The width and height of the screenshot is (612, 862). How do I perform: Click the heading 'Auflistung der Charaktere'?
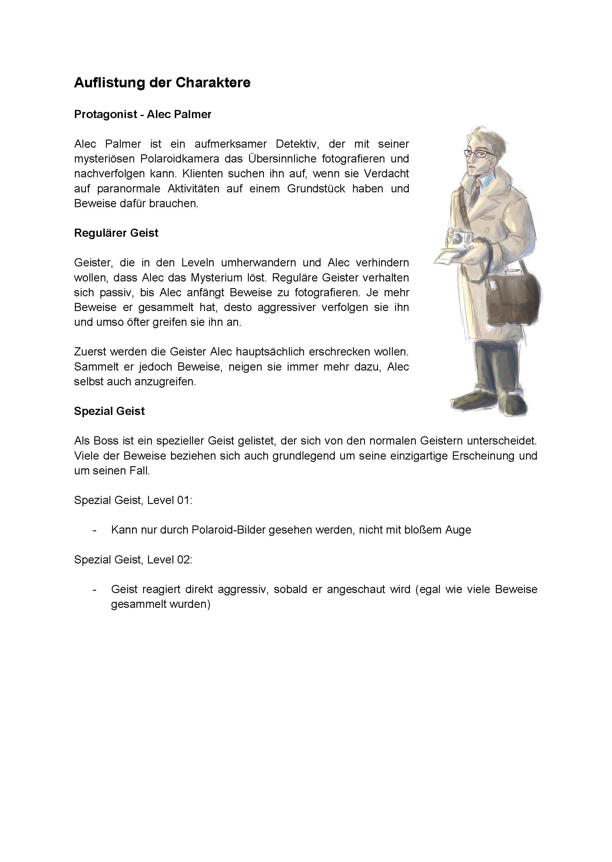pos(162,82)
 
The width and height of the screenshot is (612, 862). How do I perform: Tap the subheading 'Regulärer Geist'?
pos(116,233)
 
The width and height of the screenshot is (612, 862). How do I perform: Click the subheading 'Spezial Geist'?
pos(109,411)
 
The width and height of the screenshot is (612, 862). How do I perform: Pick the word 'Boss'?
pos(101,441)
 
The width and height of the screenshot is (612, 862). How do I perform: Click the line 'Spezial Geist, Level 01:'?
pos(133,500)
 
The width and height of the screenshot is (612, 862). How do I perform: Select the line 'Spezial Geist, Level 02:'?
pos(133,560)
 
